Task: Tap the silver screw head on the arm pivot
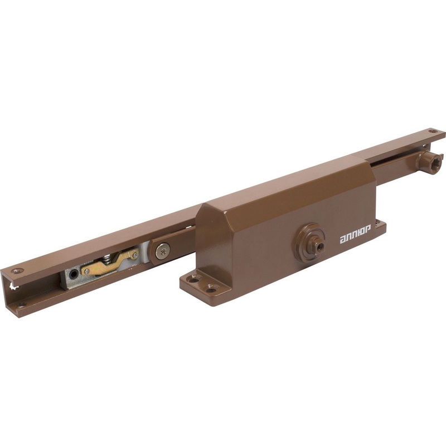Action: [163, 251]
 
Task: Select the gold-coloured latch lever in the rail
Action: [110, 262]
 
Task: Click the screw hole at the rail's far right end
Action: [433, 132]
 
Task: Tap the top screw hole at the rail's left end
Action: [17, 271]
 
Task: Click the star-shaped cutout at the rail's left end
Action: [13, 287]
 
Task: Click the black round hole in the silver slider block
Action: [74, 274]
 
